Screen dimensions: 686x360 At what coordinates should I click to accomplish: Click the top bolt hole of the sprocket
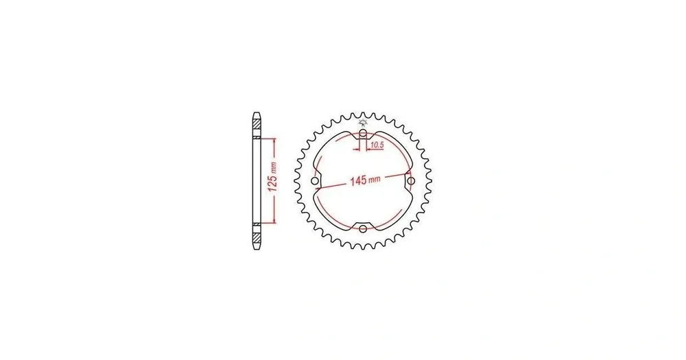click(x=363, y=133)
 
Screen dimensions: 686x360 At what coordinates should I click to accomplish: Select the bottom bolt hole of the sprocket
click(x=363, y=229)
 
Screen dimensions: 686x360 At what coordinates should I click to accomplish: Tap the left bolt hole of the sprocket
click(x=315, y=180)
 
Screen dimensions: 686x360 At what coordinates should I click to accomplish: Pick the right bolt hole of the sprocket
click(x=411, y=180)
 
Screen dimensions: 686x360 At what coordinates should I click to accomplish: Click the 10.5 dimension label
click(x=377, y=144)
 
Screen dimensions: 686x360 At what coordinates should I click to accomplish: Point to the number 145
click(x=359, y=180)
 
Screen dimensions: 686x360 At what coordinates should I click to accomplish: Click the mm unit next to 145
click(x=375, y=179)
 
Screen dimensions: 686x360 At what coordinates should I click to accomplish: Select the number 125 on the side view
click(x=272, y=184)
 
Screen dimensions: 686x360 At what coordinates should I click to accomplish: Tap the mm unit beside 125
click(x=274, y=168)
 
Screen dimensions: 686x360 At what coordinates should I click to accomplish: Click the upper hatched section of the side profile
click(x=257, y=124)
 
